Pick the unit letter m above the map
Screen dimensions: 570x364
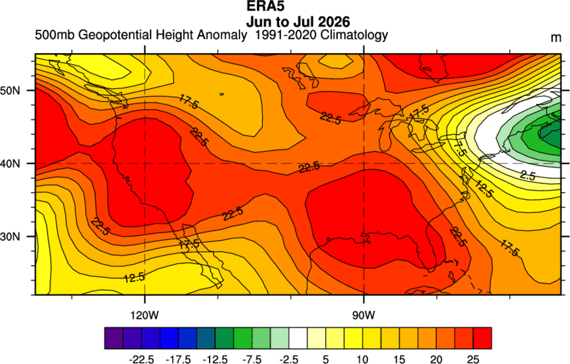coord(556,38)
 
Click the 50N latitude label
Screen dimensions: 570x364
coord(10,90)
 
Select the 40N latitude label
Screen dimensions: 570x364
coord(10,164)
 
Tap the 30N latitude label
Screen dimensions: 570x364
coord(10,236)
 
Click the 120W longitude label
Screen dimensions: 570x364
coord(145,315)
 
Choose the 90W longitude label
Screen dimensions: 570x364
coord(364,315)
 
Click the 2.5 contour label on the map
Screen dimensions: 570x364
coord(527,175)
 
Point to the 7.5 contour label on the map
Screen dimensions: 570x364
coord(459,148)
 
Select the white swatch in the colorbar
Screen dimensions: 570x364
coord(298,338)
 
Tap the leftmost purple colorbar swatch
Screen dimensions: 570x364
coord(114,338)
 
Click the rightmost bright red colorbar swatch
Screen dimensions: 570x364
coord(482,338)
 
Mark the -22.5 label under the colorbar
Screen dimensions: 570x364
coord(142,359)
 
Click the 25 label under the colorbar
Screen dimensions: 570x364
coord(473,359)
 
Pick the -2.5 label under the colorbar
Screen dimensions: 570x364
coord(289,359)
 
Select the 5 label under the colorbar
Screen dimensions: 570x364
coord(326,359)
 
